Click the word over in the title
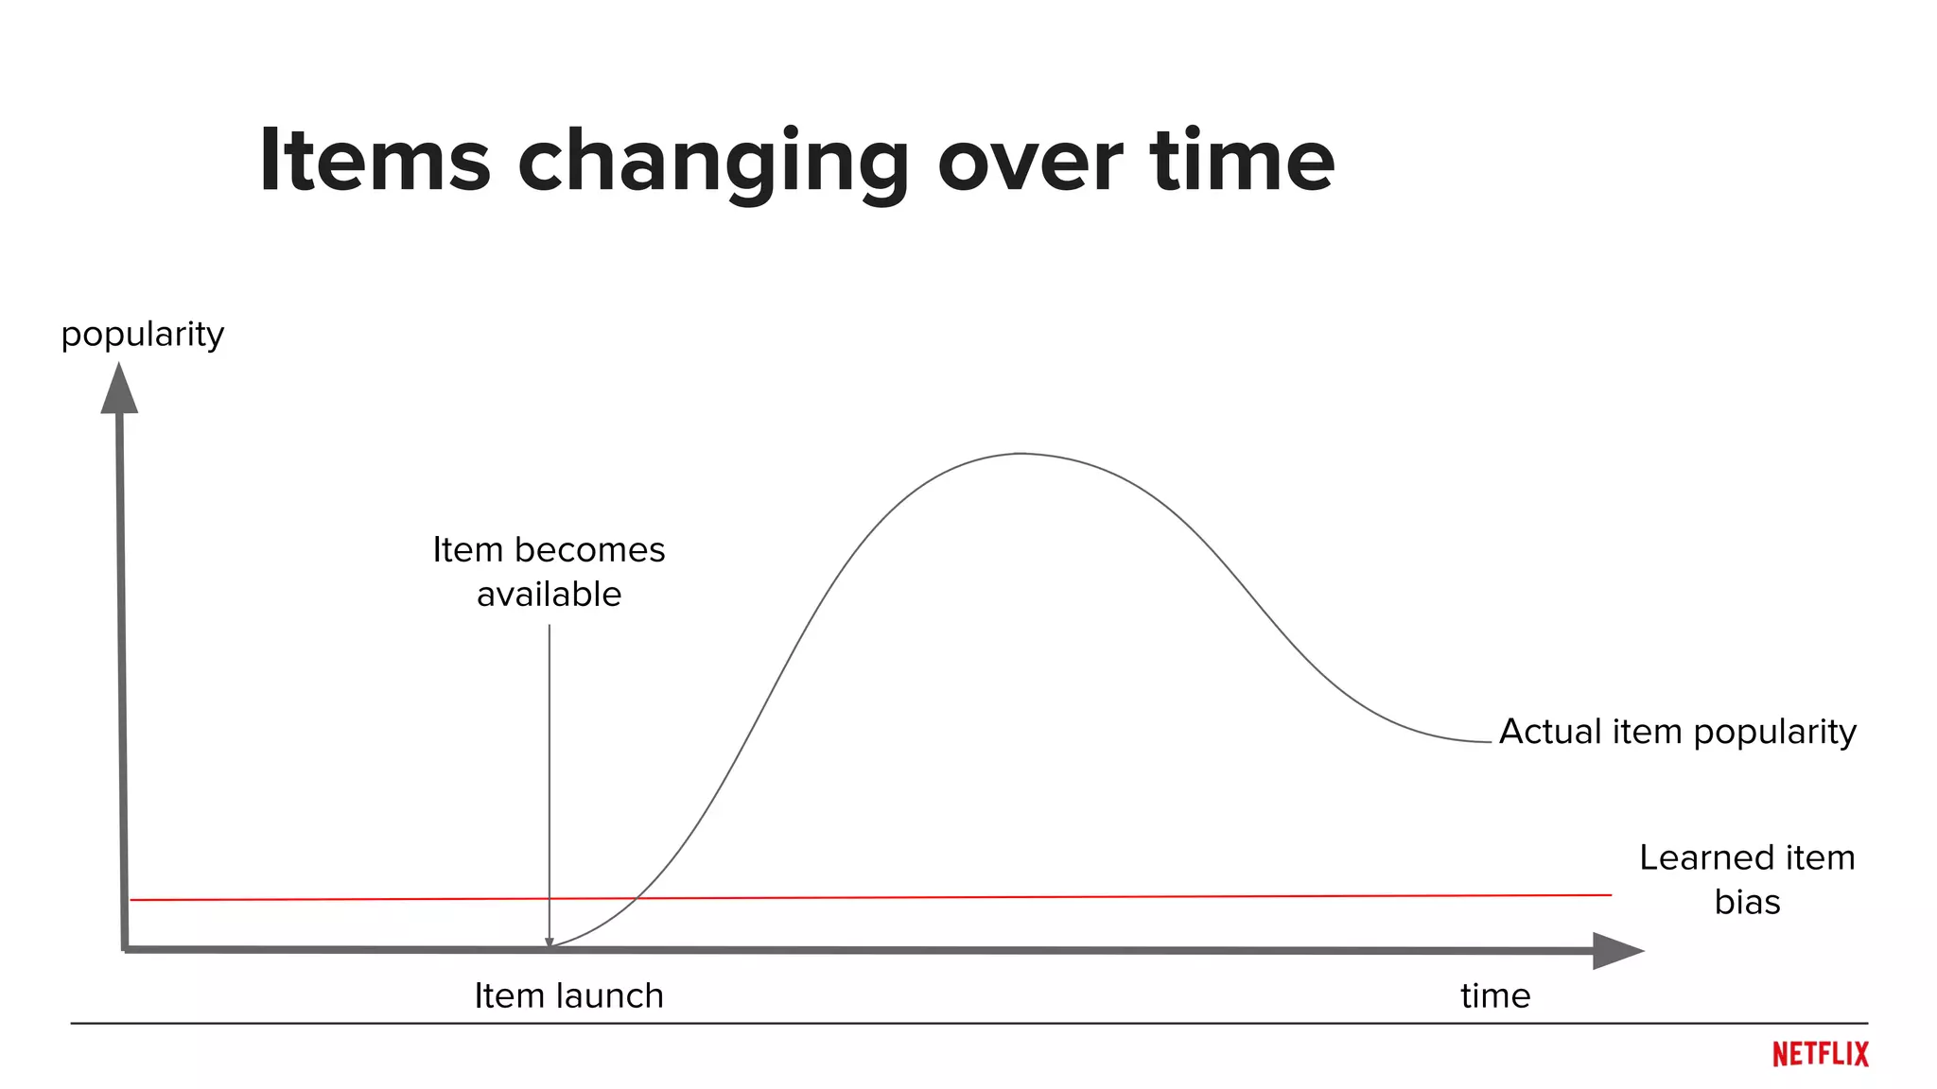pos(1029,163)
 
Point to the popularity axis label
pos(143,335)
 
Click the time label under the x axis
pos(1494,995)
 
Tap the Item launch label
pos(568,995)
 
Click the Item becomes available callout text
pos(549,572)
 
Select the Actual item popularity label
pos(1677,732)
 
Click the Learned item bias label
pos(1746,879)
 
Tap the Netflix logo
pos(1820,1054)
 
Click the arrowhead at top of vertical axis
pos(119,389)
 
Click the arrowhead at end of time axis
pos(1616,950)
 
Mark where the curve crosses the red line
pos(635,898)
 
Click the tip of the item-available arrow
pos(550,943)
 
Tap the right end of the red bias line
pos(1610,894)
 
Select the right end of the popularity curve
pos(1489,742)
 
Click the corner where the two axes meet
pos(125,948)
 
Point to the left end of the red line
pos(132,900)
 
